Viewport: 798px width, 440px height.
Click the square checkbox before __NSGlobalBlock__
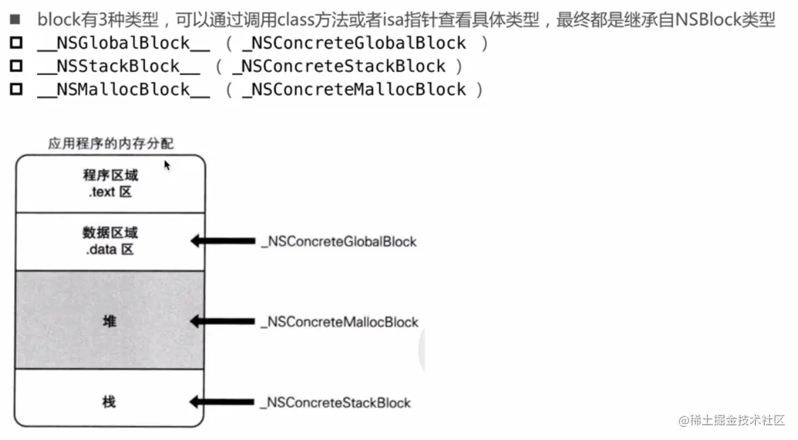coord(16,44)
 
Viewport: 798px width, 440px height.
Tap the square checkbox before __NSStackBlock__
coord(16,66)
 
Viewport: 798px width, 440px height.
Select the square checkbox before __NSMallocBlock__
coord(16,89)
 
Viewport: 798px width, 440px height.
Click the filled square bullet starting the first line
coord(15,19)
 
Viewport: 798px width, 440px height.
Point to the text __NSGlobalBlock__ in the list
coord(124,44)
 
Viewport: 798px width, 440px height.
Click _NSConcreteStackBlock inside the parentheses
coord(338,66)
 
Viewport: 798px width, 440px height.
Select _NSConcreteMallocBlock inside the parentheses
coord(354,89)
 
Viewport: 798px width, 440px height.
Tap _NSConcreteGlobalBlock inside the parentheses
coord(354,44)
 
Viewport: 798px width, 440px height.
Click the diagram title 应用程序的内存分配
coord(111,144)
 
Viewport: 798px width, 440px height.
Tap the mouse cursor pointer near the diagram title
coord(167,165)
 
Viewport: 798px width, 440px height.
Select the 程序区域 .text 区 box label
coord(110,184)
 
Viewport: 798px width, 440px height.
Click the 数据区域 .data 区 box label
coord(110,241)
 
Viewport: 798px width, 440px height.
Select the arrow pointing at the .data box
coord(222,241)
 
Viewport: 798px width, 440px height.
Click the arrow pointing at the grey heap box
coord(222,322)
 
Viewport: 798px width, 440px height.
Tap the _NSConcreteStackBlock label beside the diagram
coord(335,402)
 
